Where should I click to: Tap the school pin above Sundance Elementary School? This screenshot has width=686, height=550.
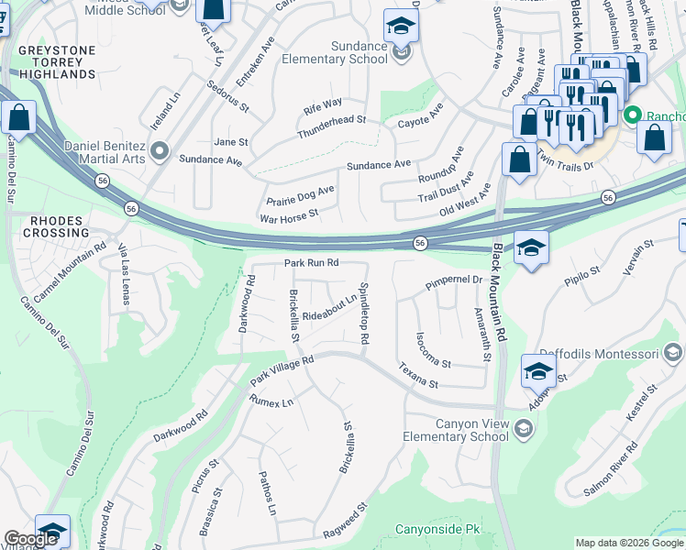pos(401,27)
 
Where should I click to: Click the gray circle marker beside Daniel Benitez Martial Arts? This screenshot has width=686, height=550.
pos(160,150)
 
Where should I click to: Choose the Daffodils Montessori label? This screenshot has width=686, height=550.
pos(603,353)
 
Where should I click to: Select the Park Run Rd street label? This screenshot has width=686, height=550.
pos(312,263)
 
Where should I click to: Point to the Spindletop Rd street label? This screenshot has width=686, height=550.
pos(364,313)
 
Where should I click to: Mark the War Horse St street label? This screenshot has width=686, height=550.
pos(289,215)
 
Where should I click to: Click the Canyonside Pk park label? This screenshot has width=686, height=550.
pos(437,529)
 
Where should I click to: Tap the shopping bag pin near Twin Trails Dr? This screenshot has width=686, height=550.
pos(519,159)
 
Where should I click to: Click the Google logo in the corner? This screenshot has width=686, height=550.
pos(30,539)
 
